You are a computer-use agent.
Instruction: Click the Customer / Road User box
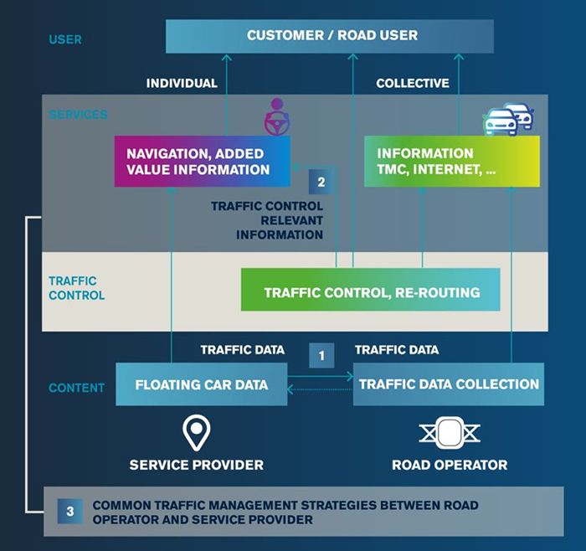click(330, 36)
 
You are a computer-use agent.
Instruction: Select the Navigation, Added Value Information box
click(202, 162)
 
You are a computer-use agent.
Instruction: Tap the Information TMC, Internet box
click(451, 161)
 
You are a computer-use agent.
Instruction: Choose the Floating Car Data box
click(201, 384)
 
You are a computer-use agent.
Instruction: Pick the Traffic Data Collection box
click(448, 384)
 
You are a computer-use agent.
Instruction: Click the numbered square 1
click(321, 355)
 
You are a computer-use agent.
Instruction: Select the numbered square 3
click(70, 510)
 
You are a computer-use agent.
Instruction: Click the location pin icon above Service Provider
click(196, 433)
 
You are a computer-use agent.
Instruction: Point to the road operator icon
click(449, 433)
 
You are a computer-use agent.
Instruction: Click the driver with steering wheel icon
click(277, 118)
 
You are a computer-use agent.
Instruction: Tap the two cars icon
click(508, 119)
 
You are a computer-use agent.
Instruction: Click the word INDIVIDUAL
click(182, 83)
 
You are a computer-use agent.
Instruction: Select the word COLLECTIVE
click(412, 83)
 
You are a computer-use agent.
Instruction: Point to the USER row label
click(64, 39)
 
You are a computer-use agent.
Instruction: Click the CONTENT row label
click(76, 388)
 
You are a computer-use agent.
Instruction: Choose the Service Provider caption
click(196, 465)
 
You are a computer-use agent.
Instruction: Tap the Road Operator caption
click(450, 465)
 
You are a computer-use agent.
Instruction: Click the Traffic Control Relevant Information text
click(267, 220)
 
